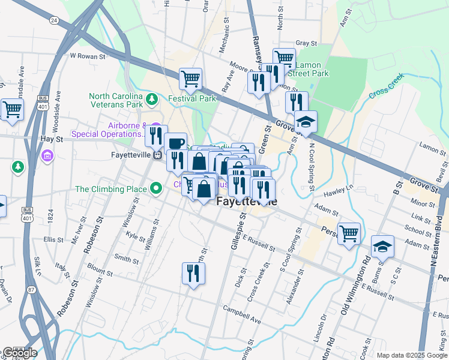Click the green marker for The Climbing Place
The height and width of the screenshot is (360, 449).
157,190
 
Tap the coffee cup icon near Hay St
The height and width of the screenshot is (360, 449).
175,143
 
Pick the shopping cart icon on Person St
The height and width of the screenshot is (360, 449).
349,233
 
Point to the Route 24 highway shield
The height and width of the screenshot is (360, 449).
54,20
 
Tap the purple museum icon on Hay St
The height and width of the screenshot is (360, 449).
47,156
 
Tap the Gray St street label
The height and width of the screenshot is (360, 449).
306,43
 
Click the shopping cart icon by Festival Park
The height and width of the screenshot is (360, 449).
190,78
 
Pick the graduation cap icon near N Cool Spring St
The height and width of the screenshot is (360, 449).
306,122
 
